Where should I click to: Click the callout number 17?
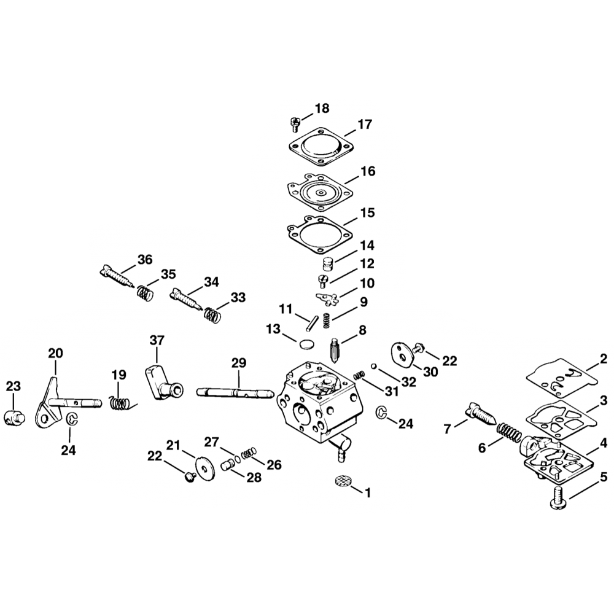(x=365, y=124)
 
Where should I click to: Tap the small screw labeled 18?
(x=293, y=123)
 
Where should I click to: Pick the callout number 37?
(x=157, y=340)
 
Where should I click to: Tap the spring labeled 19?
(x=120, y=403)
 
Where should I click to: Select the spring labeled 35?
(x=144, y=292)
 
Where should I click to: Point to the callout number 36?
(x=145, y=260)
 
